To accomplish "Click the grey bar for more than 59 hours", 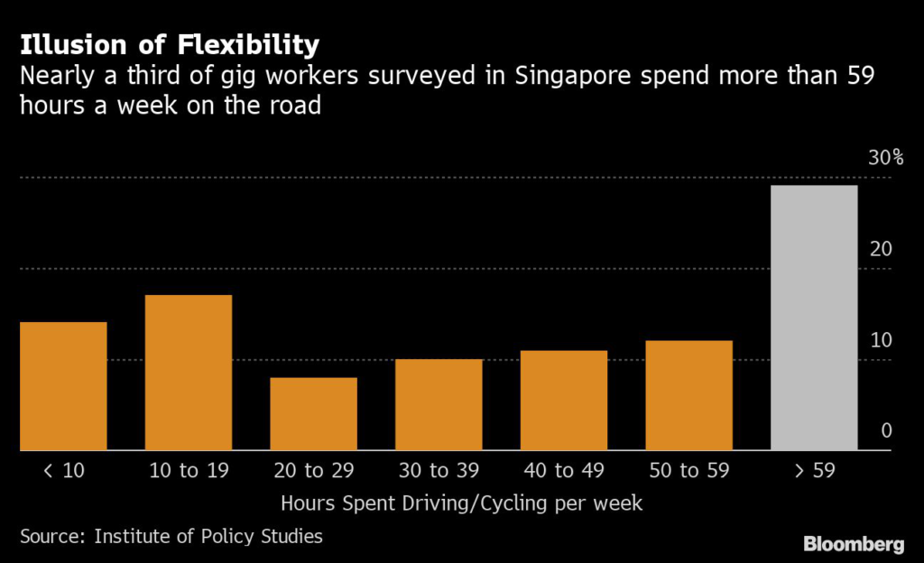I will [814, 318].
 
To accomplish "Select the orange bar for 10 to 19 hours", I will [189, 373].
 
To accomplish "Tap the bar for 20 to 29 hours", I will [314, 414].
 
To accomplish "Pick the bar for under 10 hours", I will [63, 386].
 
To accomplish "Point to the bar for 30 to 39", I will [439, 405].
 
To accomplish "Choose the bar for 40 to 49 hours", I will [564, 401].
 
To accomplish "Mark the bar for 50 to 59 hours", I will [689, 395].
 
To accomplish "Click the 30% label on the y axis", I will [885, 159].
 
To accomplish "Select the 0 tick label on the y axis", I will [886, 430].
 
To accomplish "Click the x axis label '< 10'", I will [63, 470].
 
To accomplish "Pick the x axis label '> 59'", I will [814, 470].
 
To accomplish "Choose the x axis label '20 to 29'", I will [314, 470].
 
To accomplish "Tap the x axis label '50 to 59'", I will [689, 470].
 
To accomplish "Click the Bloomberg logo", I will [854, 544].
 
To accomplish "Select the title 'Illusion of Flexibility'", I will [170, 44].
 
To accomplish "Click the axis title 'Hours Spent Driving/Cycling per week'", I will [462, 503].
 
